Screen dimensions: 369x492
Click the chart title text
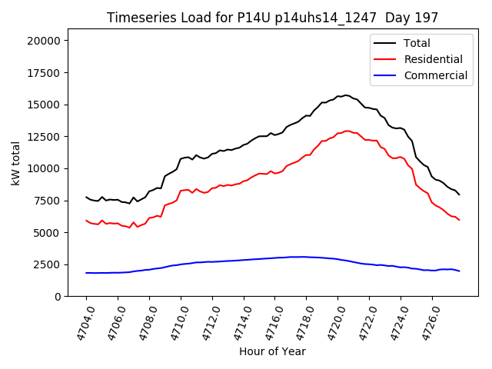pos(273,18)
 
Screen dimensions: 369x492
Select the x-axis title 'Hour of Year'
pos(272,351)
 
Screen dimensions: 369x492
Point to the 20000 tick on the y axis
pos(45,41)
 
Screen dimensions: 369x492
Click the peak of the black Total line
pos(346,95)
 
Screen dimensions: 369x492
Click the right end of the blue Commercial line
pos(459,271)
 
